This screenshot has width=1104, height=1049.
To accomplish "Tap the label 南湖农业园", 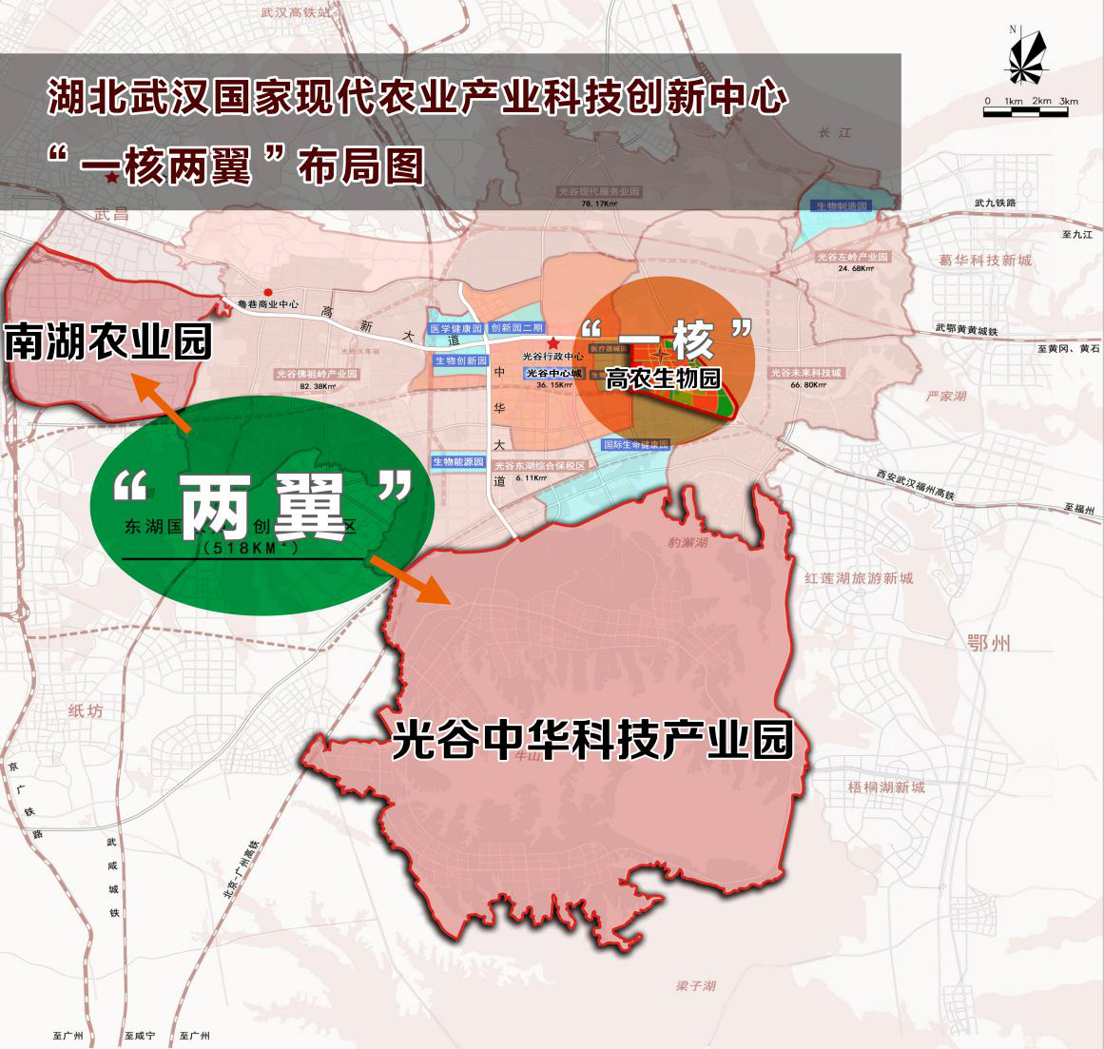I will (x=107, y=342).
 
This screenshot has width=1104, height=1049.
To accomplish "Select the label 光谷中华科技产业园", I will (x=592, y=740).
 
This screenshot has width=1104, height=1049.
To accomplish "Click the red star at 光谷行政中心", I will (x=552, y=343).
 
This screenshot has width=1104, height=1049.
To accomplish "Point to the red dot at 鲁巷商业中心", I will (x=268, y=292).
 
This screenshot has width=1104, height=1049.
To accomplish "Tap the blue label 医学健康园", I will (x=455, y=328).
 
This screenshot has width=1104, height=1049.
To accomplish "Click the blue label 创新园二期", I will (x=517, y=328).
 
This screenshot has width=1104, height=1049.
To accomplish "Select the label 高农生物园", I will (x=663, y=378).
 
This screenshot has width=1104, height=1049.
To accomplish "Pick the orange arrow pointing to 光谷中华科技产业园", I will (x=409, y=579).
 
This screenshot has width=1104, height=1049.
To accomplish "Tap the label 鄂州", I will (x=988, y=643).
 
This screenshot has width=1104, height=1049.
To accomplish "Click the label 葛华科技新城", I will (x=984, y=260).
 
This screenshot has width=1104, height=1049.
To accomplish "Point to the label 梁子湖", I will (x=696, y=985).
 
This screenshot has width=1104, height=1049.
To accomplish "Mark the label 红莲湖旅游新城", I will (x=858, y=577).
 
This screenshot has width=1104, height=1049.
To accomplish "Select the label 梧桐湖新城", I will (x=886, y=787).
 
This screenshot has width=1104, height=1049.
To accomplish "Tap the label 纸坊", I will (x=86, y=710).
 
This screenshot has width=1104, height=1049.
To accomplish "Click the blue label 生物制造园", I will (x=842, y=205).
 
